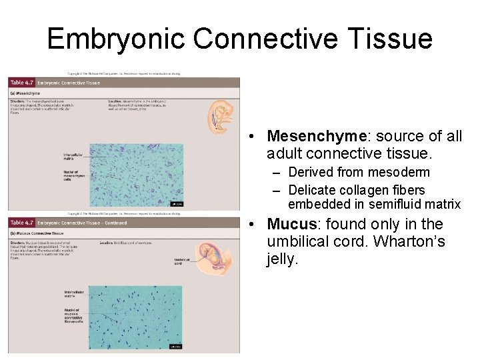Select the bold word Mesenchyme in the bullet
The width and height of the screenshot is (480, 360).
click(316, 136)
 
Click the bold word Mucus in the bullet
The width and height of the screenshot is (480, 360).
click(293, 224)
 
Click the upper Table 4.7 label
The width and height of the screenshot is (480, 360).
click(21, 83)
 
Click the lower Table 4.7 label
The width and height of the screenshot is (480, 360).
click(21, 223)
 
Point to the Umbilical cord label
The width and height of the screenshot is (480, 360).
click(181, 261)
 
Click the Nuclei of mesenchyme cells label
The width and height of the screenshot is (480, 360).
click(73, 175)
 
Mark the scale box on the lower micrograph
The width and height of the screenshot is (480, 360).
click(175, 347)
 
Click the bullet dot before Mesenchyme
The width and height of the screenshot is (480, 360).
click(247, 137)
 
